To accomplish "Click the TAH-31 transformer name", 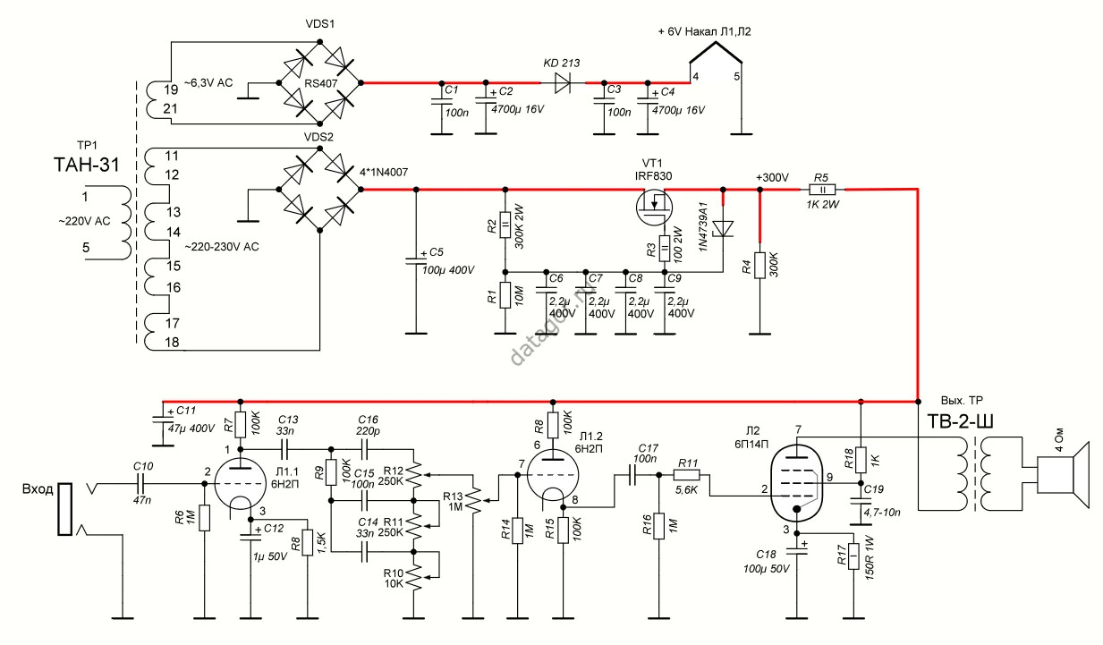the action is pos(87,165).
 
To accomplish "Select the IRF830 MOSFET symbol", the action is pos(654,208).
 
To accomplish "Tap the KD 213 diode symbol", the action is pos(563,82).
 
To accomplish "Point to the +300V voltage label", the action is pos(772,177).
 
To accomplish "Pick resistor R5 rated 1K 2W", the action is pos(822,189).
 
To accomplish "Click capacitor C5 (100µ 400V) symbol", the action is pos(416,261).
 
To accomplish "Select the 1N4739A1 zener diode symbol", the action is pos(723,229).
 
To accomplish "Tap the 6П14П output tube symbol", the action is pos(796,482).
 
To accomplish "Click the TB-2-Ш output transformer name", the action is pos(960,421).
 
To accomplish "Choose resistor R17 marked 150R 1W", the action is pos(853,556).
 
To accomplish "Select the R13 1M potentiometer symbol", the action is pos(476,501).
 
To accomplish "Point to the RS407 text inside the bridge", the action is pos(320,83).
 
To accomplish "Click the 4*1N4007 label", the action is pos(384,173).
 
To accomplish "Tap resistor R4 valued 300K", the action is pos(759,266).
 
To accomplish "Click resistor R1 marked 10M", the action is pos(505,295).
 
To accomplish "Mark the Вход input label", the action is pos(38,489).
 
